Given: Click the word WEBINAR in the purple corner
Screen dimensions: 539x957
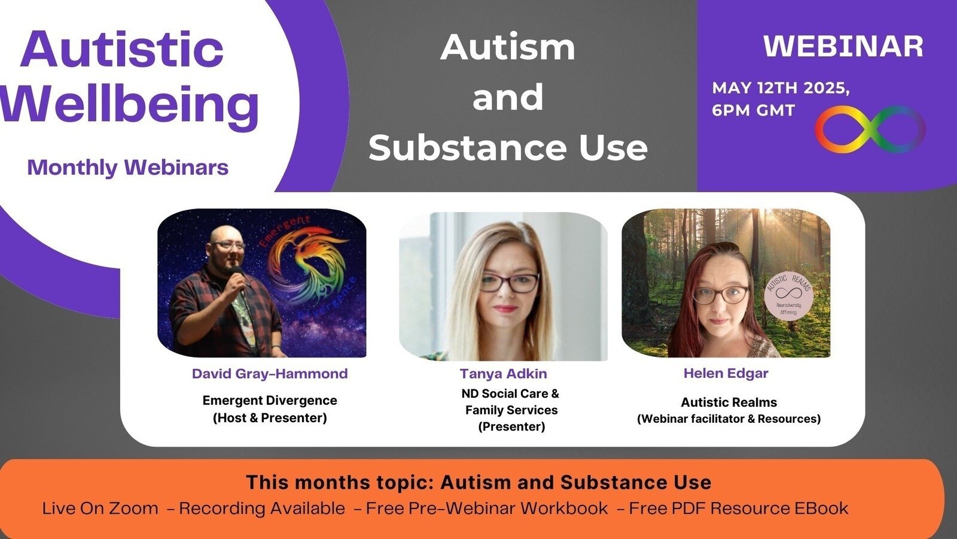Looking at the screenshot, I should (x=843, y=47).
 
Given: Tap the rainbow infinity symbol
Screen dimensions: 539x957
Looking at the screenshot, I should (x=870, y=129).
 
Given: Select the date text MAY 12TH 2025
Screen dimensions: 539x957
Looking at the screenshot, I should (x=781, y=88).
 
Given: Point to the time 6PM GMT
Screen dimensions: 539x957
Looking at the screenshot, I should (x=753, y=111).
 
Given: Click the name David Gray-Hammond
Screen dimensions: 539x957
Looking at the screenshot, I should (x=269, y=374).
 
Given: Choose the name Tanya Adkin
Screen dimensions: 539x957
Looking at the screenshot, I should (x=503, y=374).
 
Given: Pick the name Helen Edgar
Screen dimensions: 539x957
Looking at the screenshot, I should (x=726, y=373).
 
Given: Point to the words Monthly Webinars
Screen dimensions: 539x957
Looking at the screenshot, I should (x=128, y=167).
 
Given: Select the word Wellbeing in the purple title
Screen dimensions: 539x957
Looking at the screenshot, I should (x=129, y=105).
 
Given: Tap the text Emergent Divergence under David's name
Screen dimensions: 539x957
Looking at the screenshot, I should (x=270, y=400).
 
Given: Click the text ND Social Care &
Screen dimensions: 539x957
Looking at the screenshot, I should (x=510, y=393).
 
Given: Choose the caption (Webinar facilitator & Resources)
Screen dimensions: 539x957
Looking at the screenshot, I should (x=729, y=419).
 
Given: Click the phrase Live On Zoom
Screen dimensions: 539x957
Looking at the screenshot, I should (x=100, y=508).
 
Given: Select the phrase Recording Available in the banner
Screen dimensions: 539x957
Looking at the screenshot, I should (x=262, y=508).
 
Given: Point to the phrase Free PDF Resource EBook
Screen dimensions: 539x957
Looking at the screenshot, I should (x=738, y=508).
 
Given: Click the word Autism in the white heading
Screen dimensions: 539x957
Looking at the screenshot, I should (x=508, y=47).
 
